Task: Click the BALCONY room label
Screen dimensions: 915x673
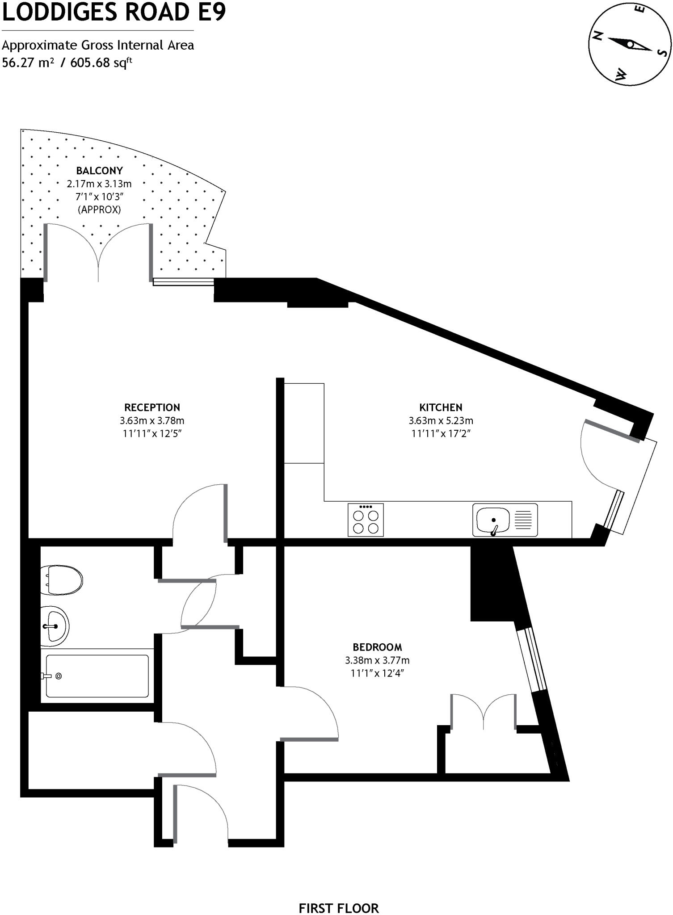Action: point(99,171)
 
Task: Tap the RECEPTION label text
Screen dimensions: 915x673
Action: point(152,407)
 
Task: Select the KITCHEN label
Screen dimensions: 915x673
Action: point(441,407)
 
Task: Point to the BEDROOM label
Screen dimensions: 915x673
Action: point(377,647)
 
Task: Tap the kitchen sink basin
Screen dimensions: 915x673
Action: point(492,520)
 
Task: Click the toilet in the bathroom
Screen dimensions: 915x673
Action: point(61,580)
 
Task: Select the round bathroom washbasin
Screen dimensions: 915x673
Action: point(54,626)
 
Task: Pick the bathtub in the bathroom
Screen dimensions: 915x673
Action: point(97,676)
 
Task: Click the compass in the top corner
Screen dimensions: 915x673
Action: point(630,44)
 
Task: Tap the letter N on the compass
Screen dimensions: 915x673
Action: point(597,37)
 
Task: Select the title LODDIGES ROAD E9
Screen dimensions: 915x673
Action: point(114,13)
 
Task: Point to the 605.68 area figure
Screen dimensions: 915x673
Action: point(90,63)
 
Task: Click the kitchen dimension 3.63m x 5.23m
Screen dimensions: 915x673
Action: point(441,420)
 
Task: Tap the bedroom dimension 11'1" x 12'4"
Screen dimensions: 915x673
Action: point(377,673)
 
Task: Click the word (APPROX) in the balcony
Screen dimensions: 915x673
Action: point(99,209)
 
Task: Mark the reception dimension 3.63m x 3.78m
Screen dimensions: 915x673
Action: point(152,420)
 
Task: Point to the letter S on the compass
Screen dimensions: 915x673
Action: point(662,53)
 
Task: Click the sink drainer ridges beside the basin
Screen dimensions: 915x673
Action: point(523,520)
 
